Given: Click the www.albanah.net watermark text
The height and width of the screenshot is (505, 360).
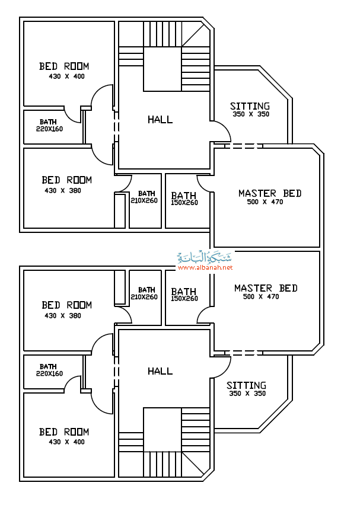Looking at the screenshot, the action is point(205,267).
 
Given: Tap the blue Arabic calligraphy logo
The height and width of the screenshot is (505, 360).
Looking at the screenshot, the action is point(205,257).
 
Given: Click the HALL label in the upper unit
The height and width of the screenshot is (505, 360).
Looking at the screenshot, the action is point(160,120).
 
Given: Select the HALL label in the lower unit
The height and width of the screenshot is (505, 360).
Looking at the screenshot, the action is point(160,372).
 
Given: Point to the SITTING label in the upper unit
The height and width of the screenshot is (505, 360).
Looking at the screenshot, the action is point(250,106).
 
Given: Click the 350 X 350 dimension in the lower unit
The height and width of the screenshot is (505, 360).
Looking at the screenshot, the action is point(247,394).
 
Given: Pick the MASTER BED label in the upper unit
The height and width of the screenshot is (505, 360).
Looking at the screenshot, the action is point(270,193).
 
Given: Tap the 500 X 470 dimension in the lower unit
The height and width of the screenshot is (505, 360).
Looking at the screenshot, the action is point(261,296).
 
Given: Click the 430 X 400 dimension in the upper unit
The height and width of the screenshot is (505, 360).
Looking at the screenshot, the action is point(66,76).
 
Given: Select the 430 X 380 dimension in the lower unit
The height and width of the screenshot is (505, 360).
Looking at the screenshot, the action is point(63,315).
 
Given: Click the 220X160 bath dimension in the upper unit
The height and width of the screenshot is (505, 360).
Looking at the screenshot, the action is point(50,129).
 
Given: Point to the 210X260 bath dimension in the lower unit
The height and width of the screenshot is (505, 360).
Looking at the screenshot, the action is point(144,296).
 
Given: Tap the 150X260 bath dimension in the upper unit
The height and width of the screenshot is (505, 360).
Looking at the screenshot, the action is point(184,203).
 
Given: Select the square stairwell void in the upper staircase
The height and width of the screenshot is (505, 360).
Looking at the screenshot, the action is point(163,69).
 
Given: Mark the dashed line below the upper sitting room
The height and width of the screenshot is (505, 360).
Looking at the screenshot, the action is point(243,146).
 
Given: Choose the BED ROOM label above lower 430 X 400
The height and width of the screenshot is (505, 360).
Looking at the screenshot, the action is point(64,432).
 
